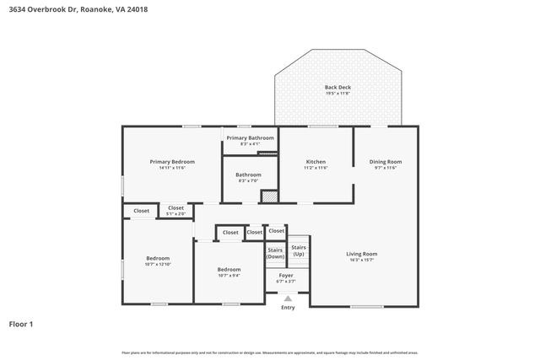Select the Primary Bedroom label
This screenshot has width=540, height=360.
[172, 162]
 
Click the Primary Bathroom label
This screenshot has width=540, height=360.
[250, 137]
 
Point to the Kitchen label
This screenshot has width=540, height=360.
[316, 162]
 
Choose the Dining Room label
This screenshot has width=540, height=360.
[385, 162]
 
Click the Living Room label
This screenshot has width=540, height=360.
[361, 254]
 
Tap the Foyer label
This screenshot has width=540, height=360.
[287, 275]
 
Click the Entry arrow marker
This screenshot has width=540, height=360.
[288, 298]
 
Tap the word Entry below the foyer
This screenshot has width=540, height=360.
[288, 308]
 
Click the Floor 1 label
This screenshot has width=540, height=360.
[21, 324]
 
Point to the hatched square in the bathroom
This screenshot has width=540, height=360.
[268, 196]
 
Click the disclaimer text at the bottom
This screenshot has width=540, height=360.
[269, 352]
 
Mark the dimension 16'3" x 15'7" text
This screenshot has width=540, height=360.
[361, 260]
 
